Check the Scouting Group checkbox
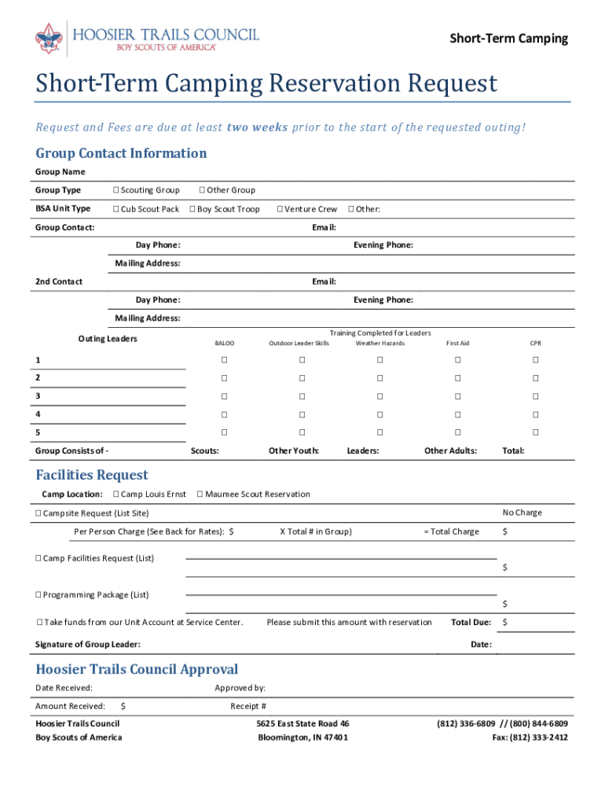(115, 190)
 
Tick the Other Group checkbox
(202, 190)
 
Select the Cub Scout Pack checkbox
(115, 209)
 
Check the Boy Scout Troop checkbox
(192, 209)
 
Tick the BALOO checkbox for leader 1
(224, 360)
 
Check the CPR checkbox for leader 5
(535, 432)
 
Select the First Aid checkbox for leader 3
(457, 396)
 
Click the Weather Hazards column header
(379, 344)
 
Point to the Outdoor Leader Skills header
(299, 344)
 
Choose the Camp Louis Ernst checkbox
(116, 494)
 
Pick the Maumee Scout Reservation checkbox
(200, 494)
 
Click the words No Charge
(522, 513)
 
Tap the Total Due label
(471, 623)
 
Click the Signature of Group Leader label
(88, 645)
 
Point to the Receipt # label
(247, 706)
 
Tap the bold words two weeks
(257, 127)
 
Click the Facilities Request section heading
(92, 475)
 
